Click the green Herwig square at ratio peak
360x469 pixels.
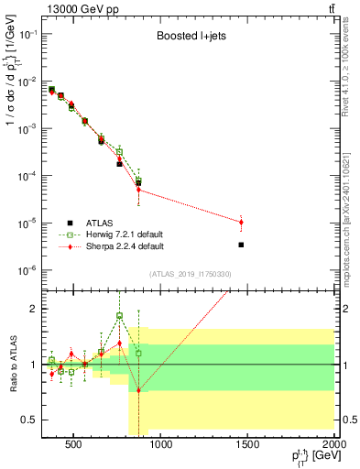(x=120, y=316)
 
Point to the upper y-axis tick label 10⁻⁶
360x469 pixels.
(x=27, y=269)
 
